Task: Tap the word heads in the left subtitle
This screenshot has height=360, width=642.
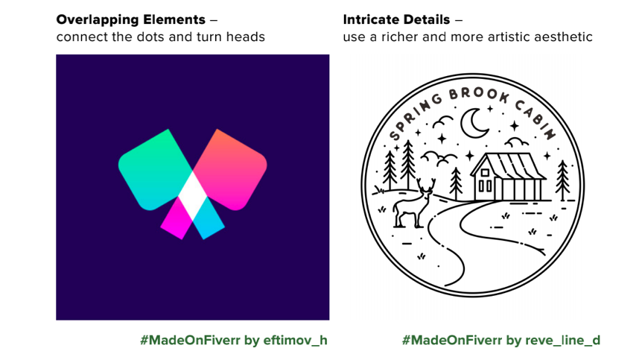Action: point(246,37)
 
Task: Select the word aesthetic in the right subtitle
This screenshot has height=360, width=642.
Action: point(563,37)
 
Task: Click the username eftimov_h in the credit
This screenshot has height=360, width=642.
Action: point(295,341)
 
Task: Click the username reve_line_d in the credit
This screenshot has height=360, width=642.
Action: point(562,341)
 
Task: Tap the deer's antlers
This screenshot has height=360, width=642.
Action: point(426,185)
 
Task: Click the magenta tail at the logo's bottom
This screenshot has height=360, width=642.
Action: point(177,218)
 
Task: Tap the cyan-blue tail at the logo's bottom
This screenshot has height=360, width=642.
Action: point(209,218)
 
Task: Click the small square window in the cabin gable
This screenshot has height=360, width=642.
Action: point(485,173)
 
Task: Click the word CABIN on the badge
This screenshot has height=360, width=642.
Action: point(535,119)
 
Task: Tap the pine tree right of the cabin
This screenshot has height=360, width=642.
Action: point(562,180)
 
